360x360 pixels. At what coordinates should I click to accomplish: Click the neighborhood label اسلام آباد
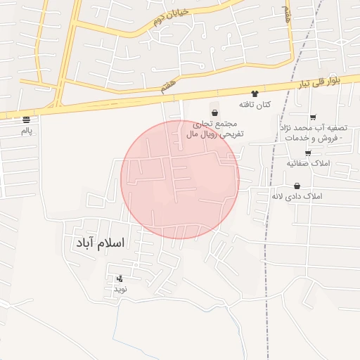pos(98,243)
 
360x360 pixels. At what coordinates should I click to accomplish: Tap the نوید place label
pos(120,289)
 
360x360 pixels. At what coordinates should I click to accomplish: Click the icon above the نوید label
pos(120,278)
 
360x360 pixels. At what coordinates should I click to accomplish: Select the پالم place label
pos(27,131)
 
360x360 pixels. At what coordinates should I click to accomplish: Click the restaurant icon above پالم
pos(27,120)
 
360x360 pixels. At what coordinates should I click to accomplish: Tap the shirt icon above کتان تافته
pos(255,94)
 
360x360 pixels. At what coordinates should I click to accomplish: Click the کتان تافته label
pos(255,105)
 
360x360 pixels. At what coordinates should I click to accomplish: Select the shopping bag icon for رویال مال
pos(214,112)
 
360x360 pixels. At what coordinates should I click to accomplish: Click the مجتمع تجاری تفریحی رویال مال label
pos(214,127)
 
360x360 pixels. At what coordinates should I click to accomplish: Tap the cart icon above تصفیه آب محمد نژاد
pos(313,117)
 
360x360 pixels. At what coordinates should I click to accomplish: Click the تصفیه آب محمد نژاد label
pos(314,133)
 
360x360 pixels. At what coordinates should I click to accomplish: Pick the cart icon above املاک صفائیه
pos(308,153)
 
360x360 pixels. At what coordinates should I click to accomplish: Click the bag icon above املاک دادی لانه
pos(297,186)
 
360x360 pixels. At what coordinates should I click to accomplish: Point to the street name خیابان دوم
pos(168,18)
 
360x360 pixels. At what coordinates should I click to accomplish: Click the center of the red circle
pos(180,179)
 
